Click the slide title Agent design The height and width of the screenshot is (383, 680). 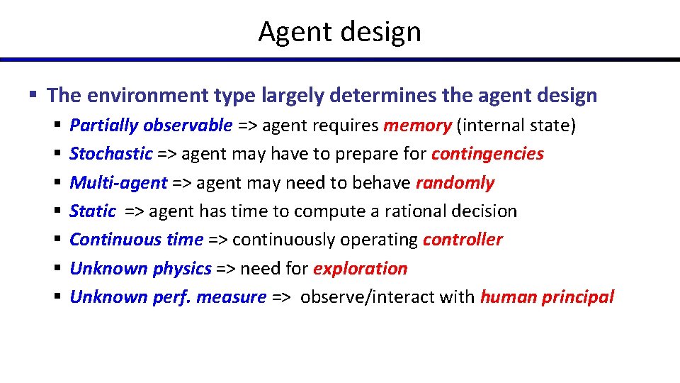point(339,32)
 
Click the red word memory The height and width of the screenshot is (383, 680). point(417,126)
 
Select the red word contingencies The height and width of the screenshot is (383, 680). point(487,155)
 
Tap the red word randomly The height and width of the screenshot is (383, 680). point(455,183)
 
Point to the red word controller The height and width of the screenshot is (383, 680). point(463,240)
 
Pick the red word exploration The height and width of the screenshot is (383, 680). point(360,269)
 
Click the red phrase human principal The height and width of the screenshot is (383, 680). point(547,297)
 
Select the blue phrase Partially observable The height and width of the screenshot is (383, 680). point(151,126)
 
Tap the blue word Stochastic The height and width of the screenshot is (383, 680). point(111,155)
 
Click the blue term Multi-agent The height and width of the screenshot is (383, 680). point(118,183)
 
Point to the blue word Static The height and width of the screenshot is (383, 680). point(93,211)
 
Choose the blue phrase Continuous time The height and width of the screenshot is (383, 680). point(136,240)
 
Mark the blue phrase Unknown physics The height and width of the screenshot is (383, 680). point(140,269)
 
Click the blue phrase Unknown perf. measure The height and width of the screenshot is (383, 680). point(168,297)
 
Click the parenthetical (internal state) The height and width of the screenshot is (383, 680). point(516,126)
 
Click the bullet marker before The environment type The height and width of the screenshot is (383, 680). point(33,95)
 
